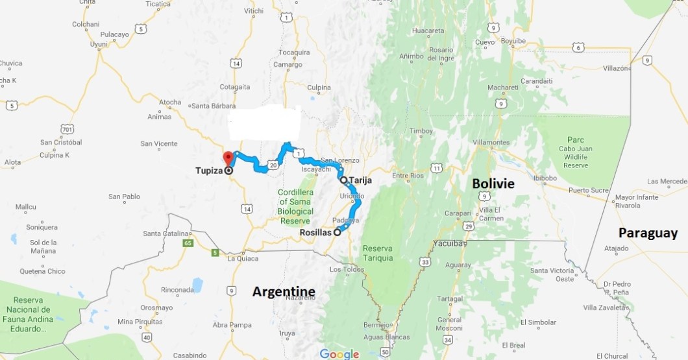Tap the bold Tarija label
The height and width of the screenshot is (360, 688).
[x=360, y=181]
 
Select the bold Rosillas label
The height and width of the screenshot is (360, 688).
[x=316, y=233]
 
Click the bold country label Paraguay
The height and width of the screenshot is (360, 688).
[x=648, y=233]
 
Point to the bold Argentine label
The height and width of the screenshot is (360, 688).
[x=284, y=292]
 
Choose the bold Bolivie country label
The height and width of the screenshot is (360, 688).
[x=493, y=184]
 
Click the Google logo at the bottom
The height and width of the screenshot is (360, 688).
[x=339, y=354]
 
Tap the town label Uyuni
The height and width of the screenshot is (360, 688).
[x=99, y=44]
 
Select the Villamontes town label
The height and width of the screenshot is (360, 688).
[x=491, y=142]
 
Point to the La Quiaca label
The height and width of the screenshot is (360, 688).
[x=243, y=258]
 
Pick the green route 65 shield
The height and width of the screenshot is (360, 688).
[x=188, y=243]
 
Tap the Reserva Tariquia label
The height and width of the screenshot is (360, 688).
[x=378, y=253]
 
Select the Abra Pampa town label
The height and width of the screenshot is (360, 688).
[x=232, y=325]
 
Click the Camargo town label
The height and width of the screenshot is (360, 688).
[x=288, y=65]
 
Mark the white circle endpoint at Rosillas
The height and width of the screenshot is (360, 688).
[x=337, y=234]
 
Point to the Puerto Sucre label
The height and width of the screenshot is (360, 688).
[x=588, y=191]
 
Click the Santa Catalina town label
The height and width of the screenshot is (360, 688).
[x=166, y=234]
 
